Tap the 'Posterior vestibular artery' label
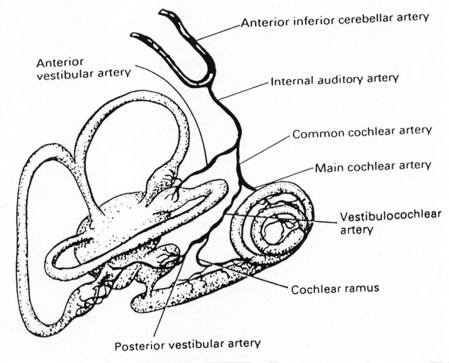pos(188,344)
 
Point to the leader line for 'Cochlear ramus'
pos(246,274)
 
